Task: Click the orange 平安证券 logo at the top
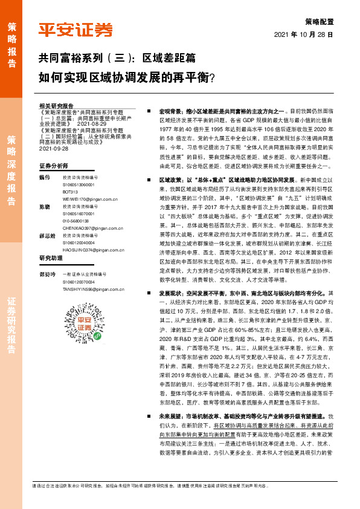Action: click(76, 30)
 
